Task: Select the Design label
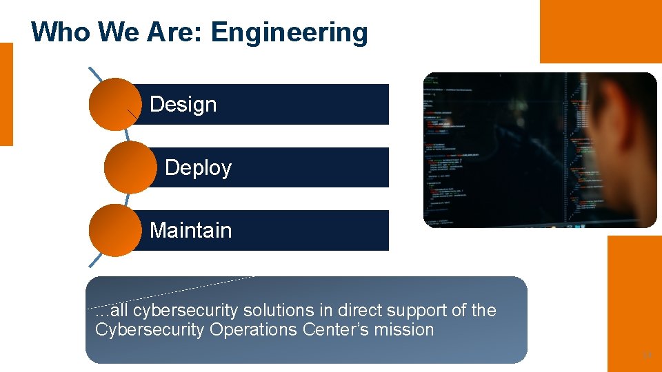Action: pos(183,105)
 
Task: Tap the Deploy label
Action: pos(198,168)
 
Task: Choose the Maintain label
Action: pos(190,230)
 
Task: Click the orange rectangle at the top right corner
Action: pos(600,31)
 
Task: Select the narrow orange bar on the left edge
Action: pos(6,94)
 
